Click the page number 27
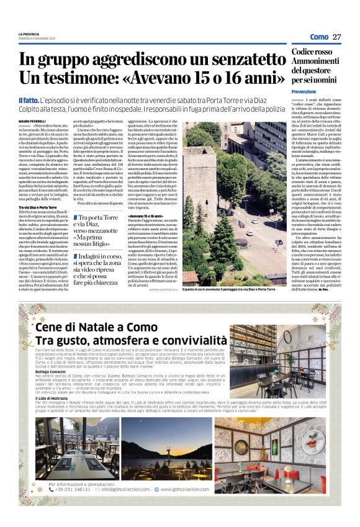point(336,37)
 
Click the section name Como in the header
point(319,37)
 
